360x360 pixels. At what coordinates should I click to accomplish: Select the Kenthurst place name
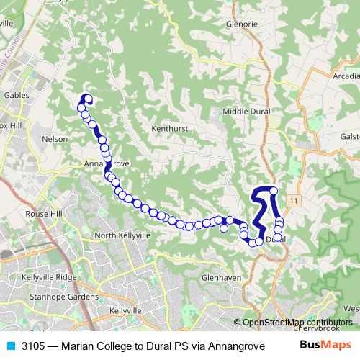point(169,129)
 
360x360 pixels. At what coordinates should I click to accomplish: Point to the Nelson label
point(55,139)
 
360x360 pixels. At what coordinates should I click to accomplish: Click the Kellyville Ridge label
point(48,277)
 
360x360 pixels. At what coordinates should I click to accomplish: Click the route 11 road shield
point(294,199)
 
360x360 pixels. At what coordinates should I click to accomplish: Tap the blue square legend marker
point(11,345)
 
